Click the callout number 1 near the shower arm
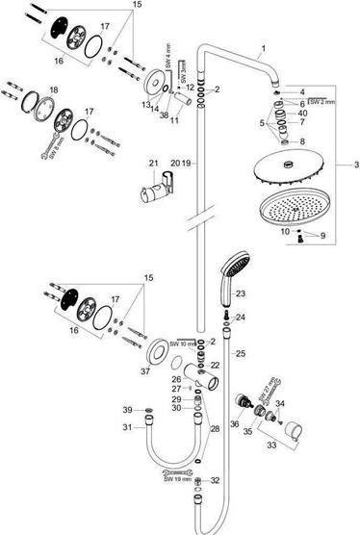click(x=261, y=47)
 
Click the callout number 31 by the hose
click(x=128, y=428)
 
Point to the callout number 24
click(x=241, y=316)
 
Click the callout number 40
click(x=303, y=114)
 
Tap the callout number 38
click(x=165, y=114)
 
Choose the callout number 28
click(x=216, y=427)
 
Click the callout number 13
click(x=143, y=103)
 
